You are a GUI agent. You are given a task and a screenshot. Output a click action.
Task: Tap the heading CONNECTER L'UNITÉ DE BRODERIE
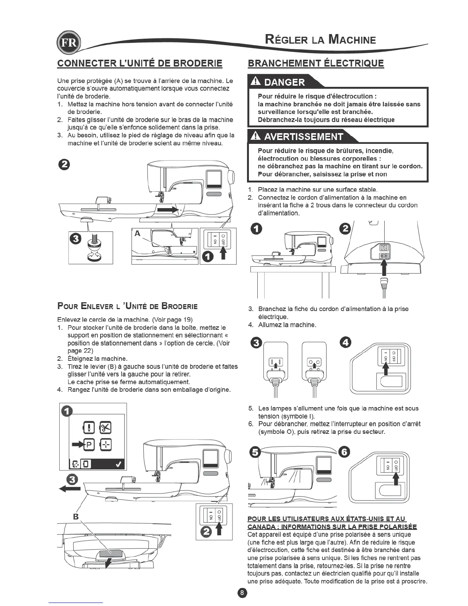tap(140, 63)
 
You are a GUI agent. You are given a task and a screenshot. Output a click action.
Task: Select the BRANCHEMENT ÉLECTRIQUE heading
tap(316, 63)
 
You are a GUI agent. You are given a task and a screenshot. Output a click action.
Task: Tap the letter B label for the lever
tap(76, 516)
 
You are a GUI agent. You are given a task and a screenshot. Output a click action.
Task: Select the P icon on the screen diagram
tap(89, 445)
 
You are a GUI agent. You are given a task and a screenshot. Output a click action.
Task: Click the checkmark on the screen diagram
tap(119, 464)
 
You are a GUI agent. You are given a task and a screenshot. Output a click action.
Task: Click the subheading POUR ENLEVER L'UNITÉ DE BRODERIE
tap(127, 306)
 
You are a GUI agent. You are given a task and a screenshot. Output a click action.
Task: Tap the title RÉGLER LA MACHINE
tap(320, 39)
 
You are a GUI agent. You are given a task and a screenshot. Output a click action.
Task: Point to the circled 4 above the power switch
tap(345, 343)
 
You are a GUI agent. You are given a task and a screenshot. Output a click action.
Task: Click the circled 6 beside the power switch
tap(344, 452)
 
